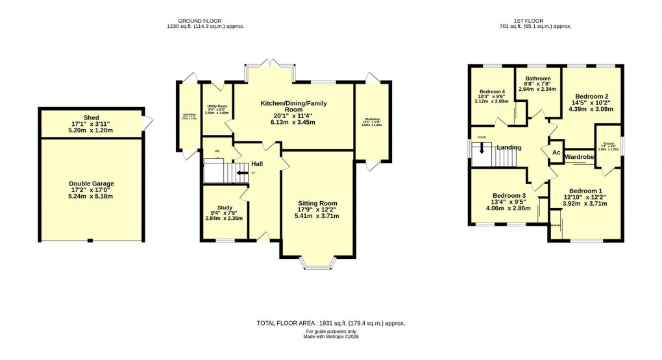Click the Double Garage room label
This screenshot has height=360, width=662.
(91, 184)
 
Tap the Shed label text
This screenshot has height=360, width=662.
(91, 119)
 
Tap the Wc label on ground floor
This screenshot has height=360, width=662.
(217, 144)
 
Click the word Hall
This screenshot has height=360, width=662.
(257, 163)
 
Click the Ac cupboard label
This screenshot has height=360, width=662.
(556, 152)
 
